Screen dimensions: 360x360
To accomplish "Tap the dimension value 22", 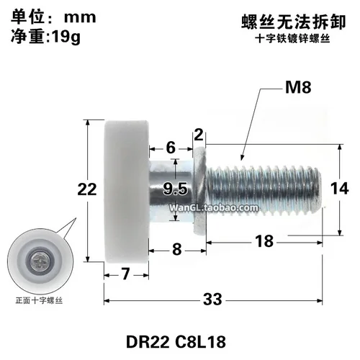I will [x=87, y=189].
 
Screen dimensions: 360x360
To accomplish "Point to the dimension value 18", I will [x=264, y=243].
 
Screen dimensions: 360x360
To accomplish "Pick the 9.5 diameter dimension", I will [x=175, y=189].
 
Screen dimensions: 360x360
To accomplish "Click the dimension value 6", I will [x=170, y=147].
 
